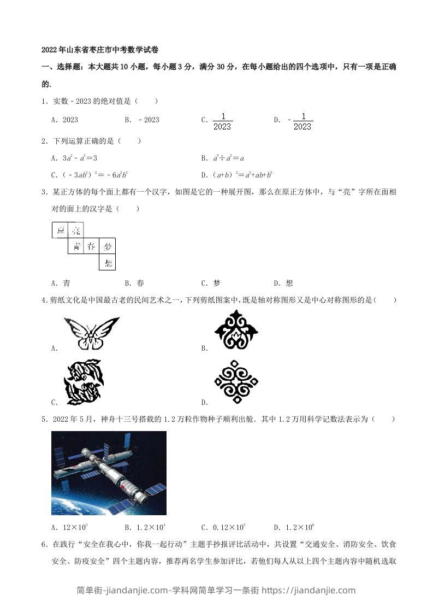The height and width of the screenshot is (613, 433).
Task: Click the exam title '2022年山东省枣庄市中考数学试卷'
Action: (x=100, y=49)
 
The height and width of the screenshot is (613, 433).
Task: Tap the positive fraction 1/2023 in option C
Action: (x=222, y=121)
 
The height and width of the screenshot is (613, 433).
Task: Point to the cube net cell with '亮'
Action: (x=76, y=231)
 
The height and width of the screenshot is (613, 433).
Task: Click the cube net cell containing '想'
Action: (x=108, y=263)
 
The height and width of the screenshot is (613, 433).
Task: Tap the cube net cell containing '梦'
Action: (x=108, y=246)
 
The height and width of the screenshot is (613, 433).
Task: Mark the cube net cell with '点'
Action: (x=60, y=231)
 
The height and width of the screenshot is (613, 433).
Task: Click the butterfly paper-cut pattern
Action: (x=91, y=333)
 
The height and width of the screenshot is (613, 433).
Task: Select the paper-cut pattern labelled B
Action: (x=236, y=329)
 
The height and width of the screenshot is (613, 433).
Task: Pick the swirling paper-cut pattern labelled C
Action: (x=84, y=382)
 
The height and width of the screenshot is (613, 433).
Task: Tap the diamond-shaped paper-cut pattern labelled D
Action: (x=236, y=381)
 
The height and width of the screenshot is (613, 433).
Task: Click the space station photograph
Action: (x=109, y=473)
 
